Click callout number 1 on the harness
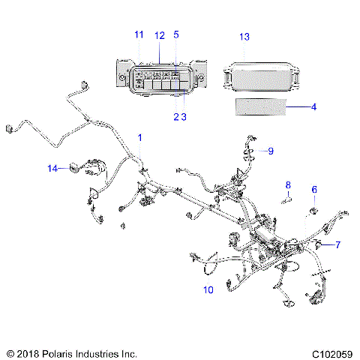139,136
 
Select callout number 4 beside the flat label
313,107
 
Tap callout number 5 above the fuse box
176,34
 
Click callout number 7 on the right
338,244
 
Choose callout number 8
287,184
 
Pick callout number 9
271,151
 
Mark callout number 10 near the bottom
208,288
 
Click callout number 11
138,34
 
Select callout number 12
159,34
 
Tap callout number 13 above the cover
244,36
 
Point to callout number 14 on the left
52,169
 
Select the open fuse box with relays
159,77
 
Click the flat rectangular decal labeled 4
262,107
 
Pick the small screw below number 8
286,199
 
